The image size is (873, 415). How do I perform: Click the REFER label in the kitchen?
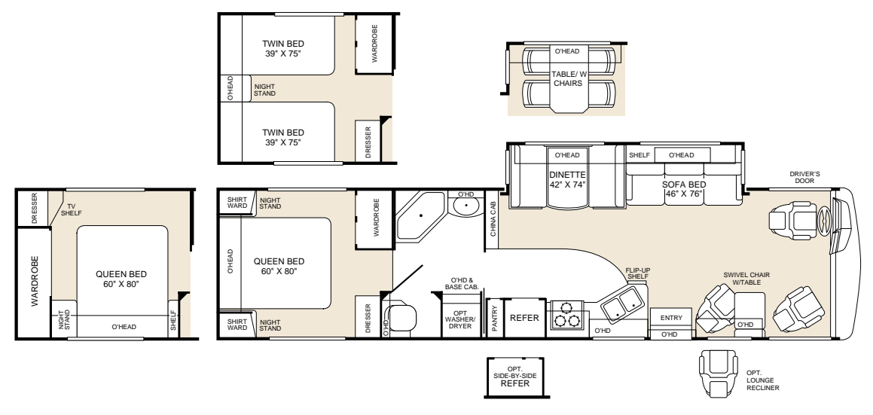524,318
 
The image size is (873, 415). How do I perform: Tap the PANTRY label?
494,319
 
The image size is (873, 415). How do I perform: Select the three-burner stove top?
566,315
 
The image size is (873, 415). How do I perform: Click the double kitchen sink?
621,304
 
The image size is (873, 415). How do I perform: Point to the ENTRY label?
671,318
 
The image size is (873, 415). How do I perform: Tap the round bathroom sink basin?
465,207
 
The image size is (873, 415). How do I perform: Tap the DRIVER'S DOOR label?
804,177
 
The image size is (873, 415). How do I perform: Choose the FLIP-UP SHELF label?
638,273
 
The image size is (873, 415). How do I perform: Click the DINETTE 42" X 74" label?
567,179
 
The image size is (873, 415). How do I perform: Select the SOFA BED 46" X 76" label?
684,189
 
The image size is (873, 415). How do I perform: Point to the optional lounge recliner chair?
718,373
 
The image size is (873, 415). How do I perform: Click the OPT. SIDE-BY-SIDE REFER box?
514,377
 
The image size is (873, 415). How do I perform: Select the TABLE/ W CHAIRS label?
568,78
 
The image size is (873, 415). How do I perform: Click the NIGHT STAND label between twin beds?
264,90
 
